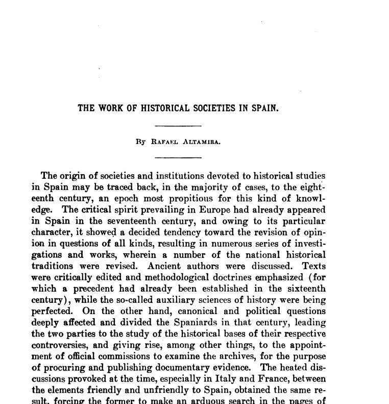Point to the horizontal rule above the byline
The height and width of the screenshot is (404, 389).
(x=178, y=125)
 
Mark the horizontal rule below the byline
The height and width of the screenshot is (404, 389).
(x=178, y=158)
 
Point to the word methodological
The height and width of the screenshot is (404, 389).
(x=166, y=277)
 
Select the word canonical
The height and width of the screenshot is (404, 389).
(x=189, y=311)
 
